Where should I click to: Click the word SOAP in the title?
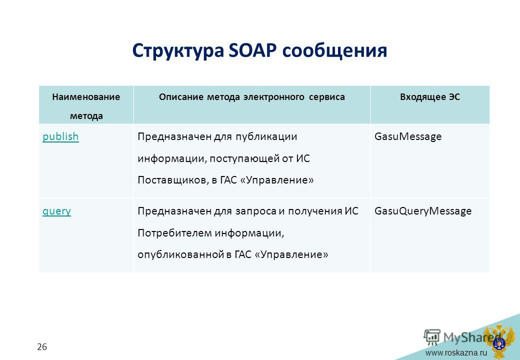252,50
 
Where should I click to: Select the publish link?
60,136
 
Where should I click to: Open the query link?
56,211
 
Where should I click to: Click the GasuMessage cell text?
408,136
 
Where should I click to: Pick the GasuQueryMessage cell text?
423,211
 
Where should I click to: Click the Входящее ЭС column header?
430,97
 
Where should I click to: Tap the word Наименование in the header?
86,97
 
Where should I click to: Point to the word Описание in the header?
181,97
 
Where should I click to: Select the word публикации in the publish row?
266,137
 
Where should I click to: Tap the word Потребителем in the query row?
174,233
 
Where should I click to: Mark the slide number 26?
42,347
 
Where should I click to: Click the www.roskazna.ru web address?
456,352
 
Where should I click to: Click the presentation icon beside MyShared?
432,337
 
